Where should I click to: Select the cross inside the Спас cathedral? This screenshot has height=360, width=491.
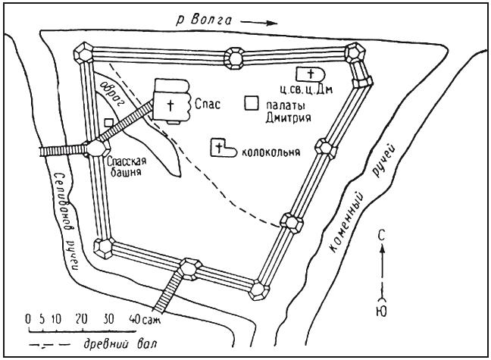(170, 105)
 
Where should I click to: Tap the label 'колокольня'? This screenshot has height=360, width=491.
(270, 150)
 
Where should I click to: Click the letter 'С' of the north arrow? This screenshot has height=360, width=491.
(385, 236)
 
